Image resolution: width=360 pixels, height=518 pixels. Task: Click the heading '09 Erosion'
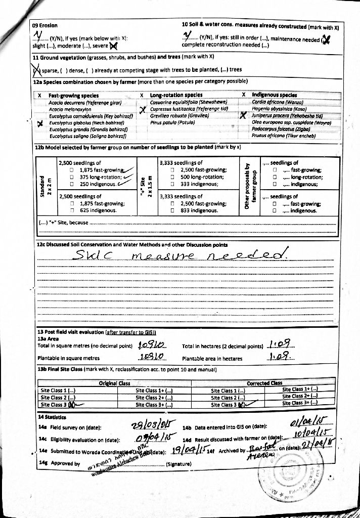(x=44, y=25)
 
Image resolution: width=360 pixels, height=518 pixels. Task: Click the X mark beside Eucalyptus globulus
(x=39, y=122)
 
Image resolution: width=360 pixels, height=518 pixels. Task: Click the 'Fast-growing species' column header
(x=73, y=95)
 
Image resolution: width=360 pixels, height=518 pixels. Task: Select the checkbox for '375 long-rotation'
(x=72, y=177)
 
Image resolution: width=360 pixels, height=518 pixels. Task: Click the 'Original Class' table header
(x=114, y=383)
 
